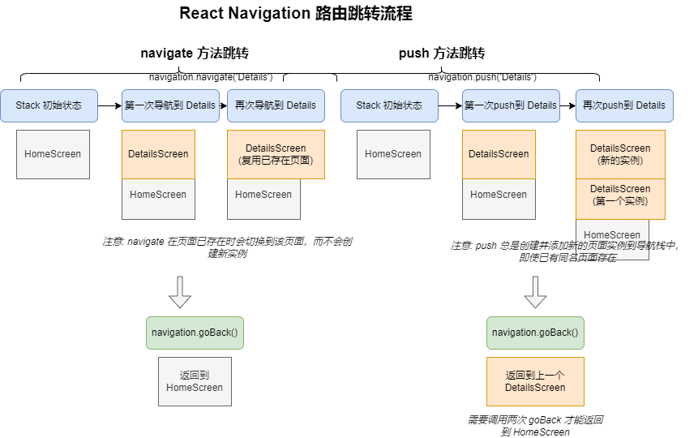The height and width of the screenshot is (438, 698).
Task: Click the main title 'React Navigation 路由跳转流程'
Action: coord(296,13)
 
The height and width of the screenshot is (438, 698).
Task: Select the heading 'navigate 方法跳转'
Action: coord(195,53)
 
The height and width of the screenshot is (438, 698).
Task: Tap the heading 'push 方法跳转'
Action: coord(442,53)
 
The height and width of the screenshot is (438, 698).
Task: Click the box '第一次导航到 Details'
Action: coord(170,105)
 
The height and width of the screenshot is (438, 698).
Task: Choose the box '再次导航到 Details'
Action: coord(276,105)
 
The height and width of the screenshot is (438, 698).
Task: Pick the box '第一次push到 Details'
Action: coord(511,105)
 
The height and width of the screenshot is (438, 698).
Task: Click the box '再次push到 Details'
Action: coord(624,105)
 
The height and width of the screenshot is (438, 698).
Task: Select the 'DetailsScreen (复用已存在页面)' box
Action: coord(276,155)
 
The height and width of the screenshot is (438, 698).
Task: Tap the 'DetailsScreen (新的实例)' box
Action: coord(620,155)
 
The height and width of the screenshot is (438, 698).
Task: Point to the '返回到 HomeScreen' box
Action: coord(195,381)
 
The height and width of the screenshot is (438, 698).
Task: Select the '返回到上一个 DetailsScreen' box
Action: coord(535,381)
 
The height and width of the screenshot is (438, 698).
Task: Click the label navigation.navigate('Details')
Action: coord(211,77)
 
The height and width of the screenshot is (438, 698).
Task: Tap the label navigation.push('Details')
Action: coord(482,77)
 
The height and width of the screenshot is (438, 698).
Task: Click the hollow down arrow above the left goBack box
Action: coord(180,292)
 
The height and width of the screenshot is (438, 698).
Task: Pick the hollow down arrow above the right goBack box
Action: coord(535,292)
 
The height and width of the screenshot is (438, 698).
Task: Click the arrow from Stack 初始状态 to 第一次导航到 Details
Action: coord(110,105)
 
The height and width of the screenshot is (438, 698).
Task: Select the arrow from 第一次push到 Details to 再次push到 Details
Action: coord(568,105)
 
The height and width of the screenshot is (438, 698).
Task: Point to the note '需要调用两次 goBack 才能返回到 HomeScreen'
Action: coord(535,426)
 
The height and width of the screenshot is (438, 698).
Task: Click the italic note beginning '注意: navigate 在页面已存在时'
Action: coord(227,247)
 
